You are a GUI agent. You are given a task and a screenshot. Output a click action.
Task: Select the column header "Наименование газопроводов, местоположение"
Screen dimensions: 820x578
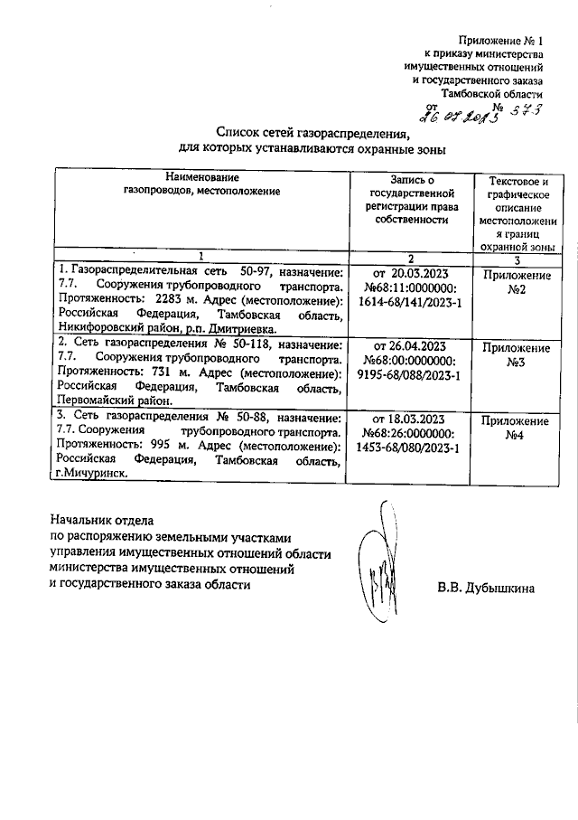pyautogui.click(x=201, y=184)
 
